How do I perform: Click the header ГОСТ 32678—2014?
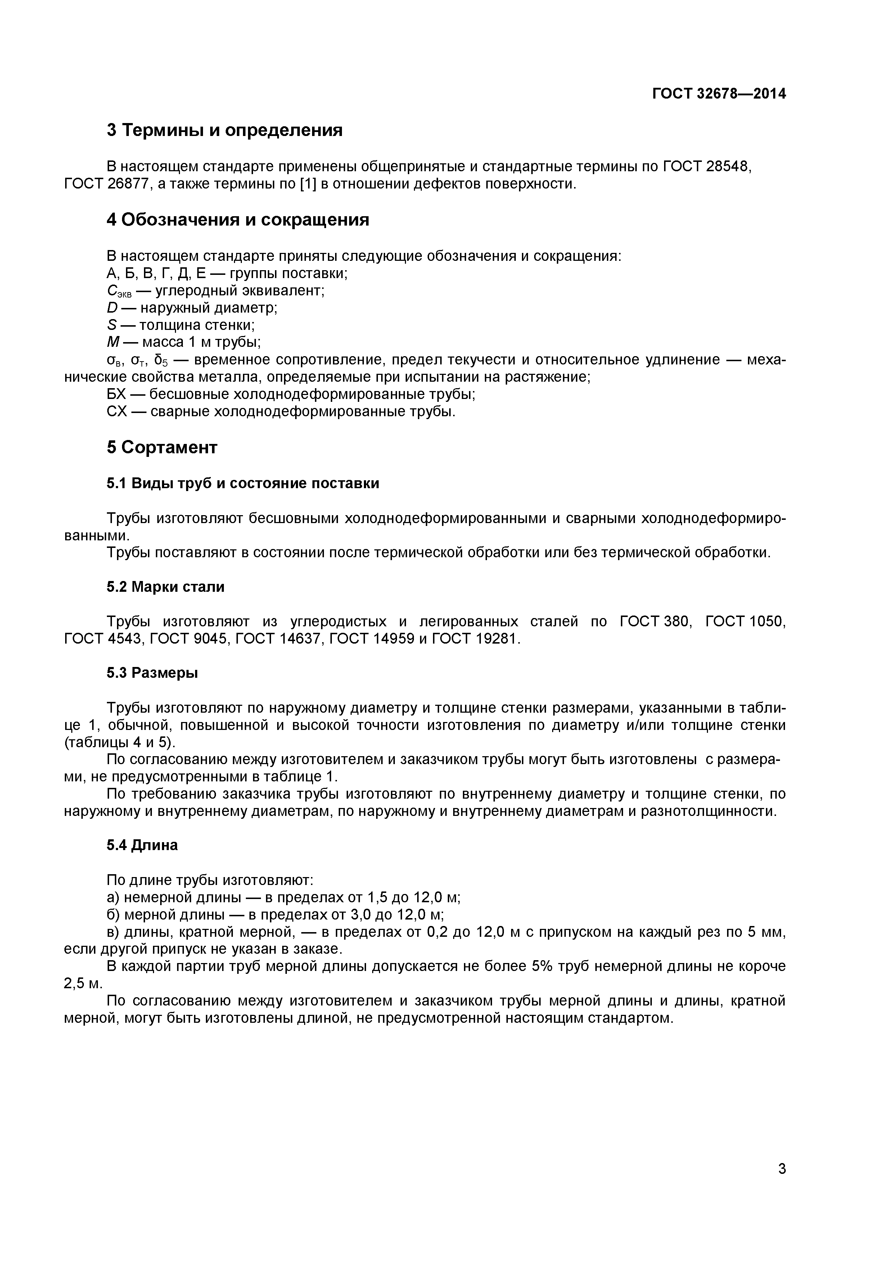click(x=719, y=94)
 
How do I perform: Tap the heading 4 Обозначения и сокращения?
click(x=238, y=220)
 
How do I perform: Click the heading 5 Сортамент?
click(x=162, y=448)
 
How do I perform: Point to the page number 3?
click(x=782, y=1184)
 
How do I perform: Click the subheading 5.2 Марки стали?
click(x=166, y=587)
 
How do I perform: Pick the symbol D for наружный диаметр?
click(x=112, y=308)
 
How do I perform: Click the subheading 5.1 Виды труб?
click(x=243, y=484)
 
